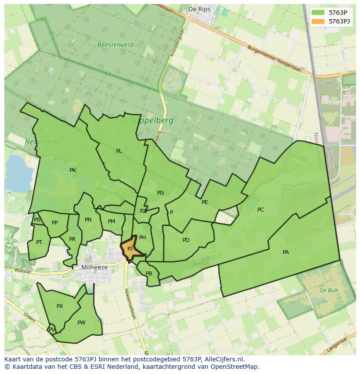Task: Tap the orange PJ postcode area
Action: point(130,249)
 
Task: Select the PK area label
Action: point(73,170)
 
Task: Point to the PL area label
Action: point(119,151)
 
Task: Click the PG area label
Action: point(160,193)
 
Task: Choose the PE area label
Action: point(205,202)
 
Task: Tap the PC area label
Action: point(260,210)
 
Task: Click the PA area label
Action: point(286,252)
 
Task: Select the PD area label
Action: point(186,240)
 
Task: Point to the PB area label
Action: point(149,274)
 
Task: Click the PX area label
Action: point(60,306)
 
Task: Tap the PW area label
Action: point(81,323)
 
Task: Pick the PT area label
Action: point(39,242)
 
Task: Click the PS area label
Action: point(37,220)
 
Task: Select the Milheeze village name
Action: point(94,268)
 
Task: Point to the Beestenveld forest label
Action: point(115,45)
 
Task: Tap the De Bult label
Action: point(329,290)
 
